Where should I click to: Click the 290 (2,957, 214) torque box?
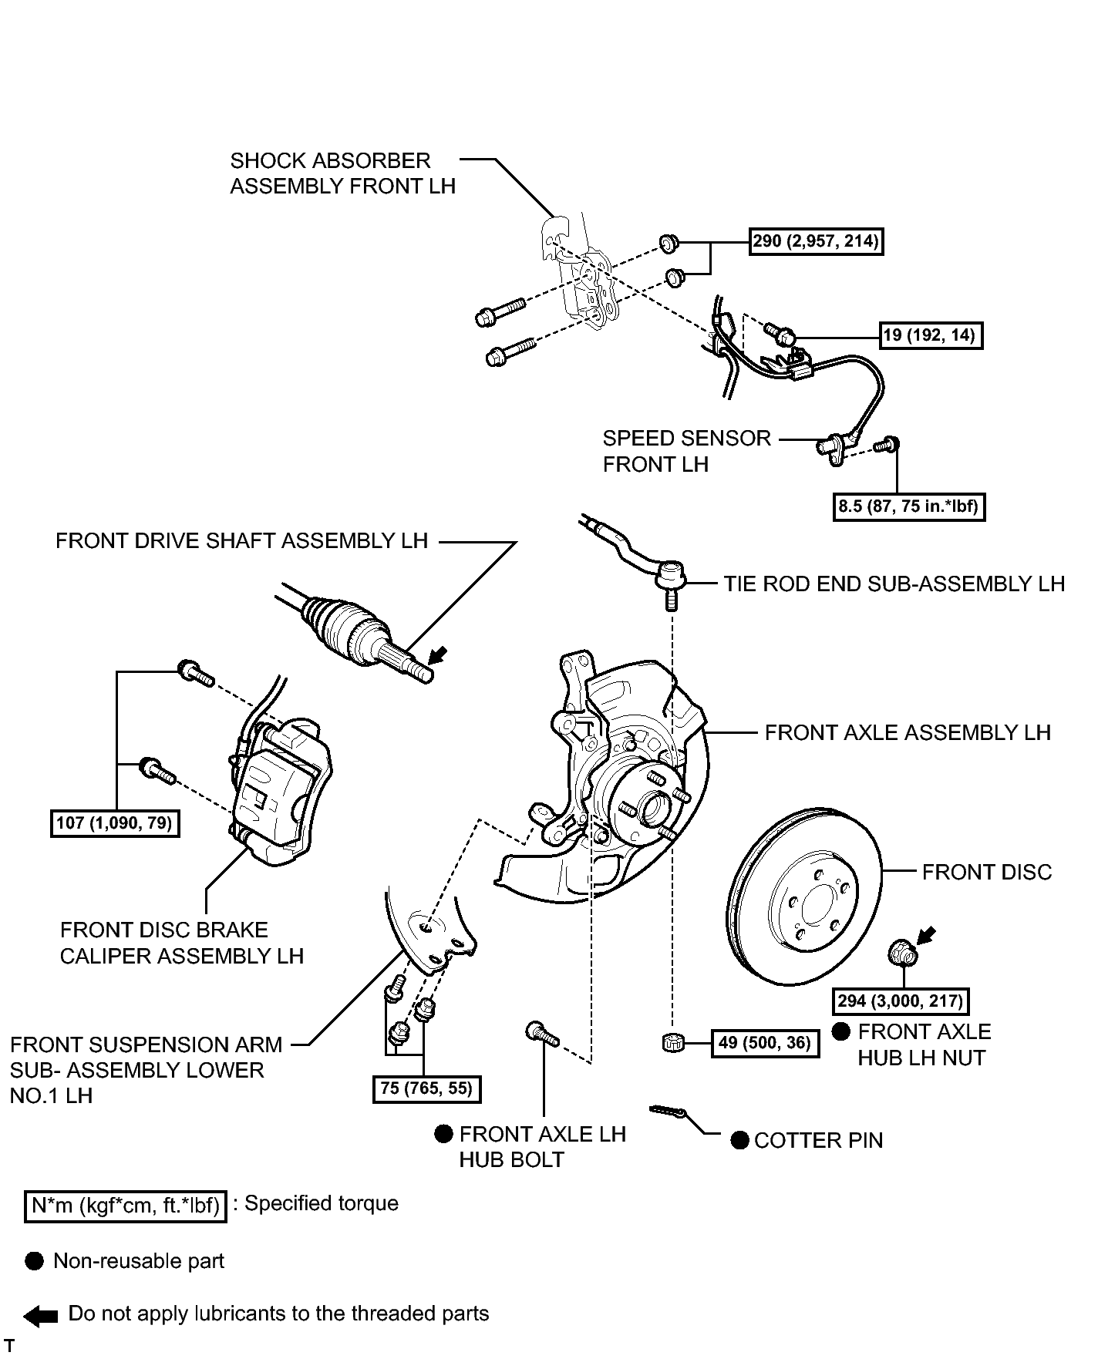click(817, 241)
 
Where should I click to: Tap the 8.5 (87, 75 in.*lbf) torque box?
click(909, 506)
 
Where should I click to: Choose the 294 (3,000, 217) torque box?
click(901, 1001)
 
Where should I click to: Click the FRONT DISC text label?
click(986, 872)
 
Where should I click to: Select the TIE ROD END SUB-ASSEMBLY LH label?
click(894, 584)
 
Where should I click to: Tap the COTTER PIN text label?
click(818, 1141)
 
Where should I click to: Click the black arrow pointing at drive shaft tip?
click(438, 655)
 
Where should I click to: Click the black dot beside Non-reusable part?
click(35, 1261)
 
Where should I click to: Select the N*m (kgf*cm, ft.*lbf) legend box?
click(126, 1206)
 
